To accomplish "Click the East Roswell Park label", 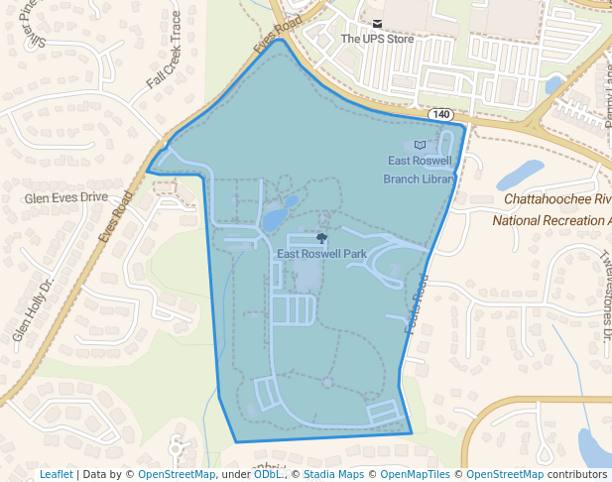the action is tap(321, 254).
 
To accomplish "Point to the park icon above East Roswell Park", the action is tap(320, 238).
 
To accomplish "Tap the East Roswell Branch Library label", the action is tap(420, 170).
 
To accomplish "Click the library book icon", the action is tap(420, 145).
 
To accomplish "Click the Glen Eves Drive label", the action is tap(65, 197).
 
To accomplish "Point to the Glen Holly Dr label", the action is tap(33, 310).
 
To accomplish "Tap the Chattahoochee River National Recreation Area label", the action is tap(556, 208).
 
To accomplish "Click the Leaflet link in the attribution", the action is tap(56, 475).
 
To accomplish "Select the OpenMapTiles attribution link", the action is tap(416, 475).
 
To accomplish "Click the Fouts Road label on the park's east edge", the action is tap(416, 307).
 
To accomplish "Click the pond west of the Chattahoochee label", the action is tap(520, 175).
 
